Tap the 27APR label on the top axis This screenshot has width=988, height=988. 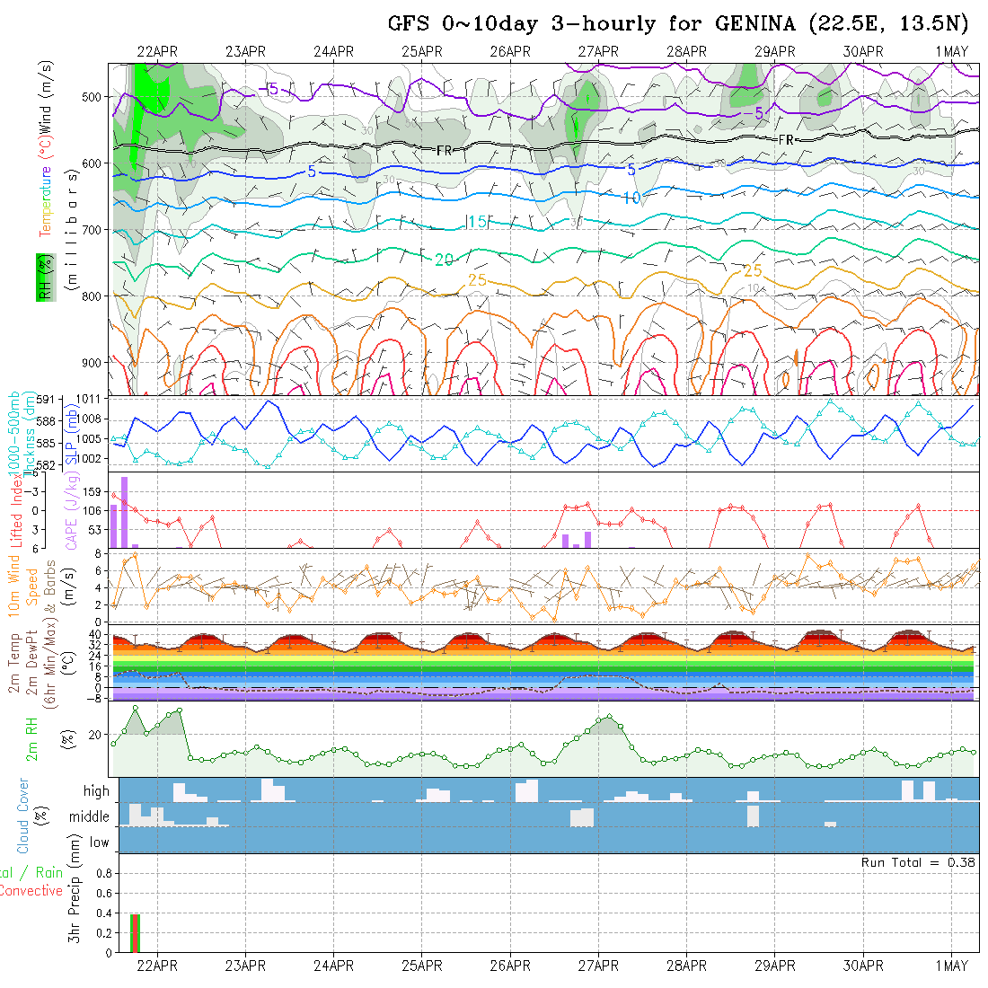(599, 51)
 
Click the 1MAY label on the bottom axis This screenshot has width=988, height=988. (951, 966)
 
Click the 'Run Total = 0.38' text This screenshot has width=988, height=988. (918, 862)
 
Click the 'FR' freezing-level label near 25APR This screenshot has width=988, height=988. (444, 151)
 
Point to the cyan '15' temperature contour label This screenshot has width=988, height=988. (477, 222)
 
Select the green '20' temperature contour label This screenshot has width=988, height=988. (444, 260)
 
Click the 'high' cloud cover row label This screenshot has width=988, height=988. (96, 791)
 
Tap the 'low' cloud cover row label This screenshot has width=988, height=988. (99, 842)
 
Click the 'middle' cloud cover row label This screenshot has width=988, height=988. (90, 817)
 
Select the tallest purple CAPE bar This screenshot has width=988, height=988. (124, 511)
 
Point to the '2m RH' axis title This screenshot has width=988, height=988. (31, 738)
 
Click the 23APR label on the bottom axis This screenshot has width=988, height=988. (245, 966)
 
